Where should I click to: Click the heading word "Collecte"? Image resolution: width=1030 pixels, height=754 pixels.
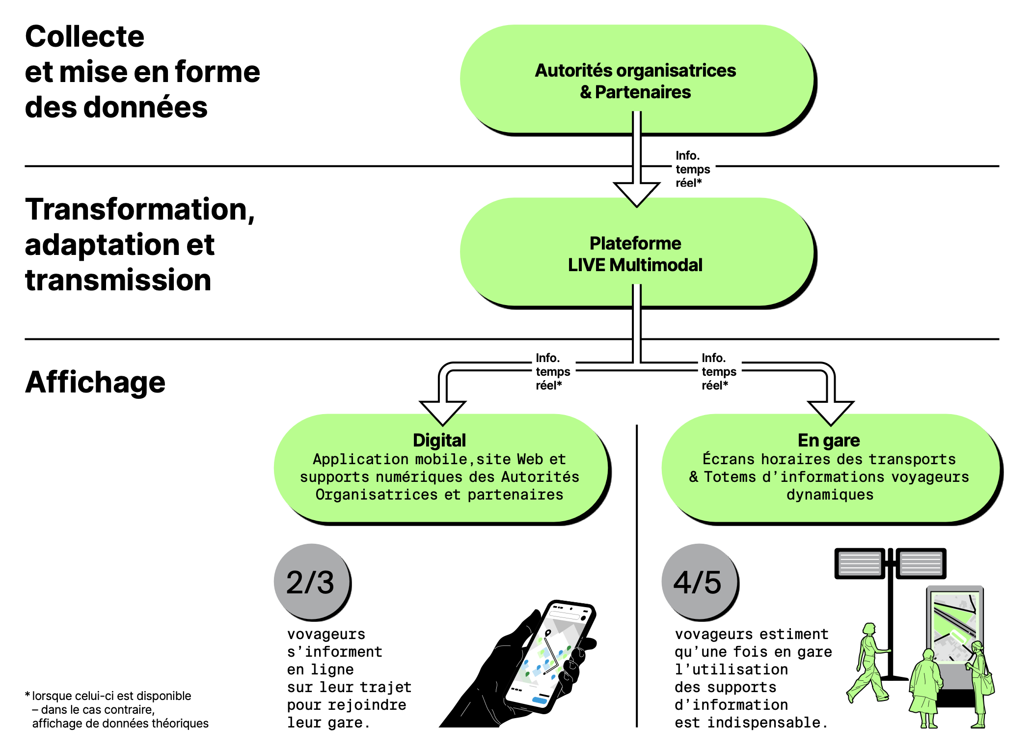click(x=84, y=36)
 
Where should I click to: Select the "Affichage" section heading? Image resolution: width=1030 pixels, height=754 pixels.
click(x=95, y=382)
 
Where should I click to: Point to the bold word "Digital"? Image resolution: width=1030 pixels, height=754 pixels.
click(x=439, y=440)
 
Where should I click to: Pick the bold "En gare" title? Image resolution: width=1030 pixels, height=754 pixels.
click(x=829, y=440)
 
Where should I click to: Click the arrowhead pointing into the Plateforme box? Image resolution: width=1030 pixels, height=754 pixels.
click(x=636, y=194)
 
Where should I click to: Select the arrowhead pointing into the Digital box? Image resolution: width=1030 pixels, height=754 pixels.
click(x=442, y=412)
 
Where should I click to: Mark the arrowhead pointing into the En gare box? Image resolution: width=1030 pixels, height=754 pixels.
click(x=831, y=412)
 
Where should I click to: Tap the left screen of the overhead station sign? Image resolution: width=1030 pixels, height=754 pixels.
click(x=860, y=563)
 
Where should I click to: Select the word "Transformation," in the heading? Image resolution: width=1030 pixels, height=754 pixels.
click(x=140, y=210)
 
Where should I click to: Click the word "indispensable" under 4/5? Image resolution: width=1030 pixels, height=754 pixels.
click(x=764, y=723)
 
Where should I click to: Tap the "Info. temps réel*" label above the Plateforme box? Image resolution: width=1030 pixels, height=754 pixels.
click(x=693, y=169)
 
